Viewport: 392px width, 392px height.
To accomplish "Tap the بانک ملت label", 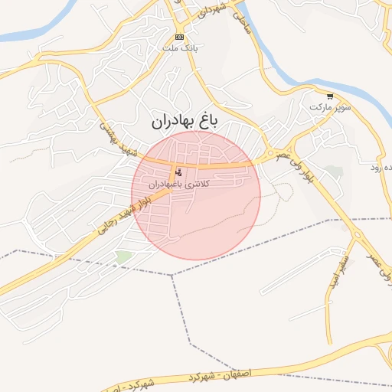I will (x=179, y=47).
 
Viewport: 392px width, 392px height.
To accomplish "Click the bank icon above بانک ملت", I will (x=179, y=37).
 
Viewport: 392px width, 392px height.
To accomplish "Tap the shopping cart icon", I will (x=330, y=97).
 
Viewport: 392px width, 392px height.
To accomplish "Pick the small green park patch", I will (x=122, y=257).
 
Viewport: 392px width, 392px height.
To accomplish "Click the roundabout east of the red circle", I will (x=269, y=157).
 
